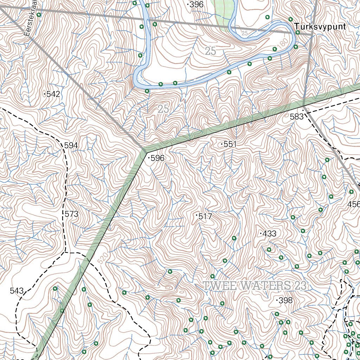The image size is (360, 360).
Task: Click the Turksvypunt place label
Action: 320,27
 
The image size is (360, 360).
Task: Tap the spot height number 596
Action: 157,158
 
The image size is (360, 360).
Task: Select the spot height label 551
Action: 230,144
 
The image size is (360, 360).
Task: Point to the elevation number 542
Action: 53,94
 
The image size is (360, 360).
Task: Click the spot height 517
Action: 205,217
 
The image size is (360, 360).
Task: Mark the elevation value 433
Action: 269,233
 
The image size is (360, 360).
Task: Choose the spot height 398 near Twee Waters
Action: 285,300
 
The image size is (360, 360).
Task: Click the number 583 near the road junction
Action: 297,117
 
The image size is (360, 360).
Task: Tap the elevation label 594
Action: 71,145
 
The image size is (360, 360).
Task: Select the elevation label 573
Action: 71,214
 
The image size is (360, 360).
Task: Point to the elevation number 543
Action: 17,291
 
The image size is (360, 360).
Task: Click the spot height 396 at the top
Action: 197,5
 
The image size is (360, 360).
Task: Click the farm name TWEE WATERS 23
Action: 255,286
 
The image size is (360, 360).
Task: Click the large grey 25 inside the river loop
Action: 210,51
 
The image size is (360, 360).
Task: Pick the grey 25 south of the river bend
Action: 163,109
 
